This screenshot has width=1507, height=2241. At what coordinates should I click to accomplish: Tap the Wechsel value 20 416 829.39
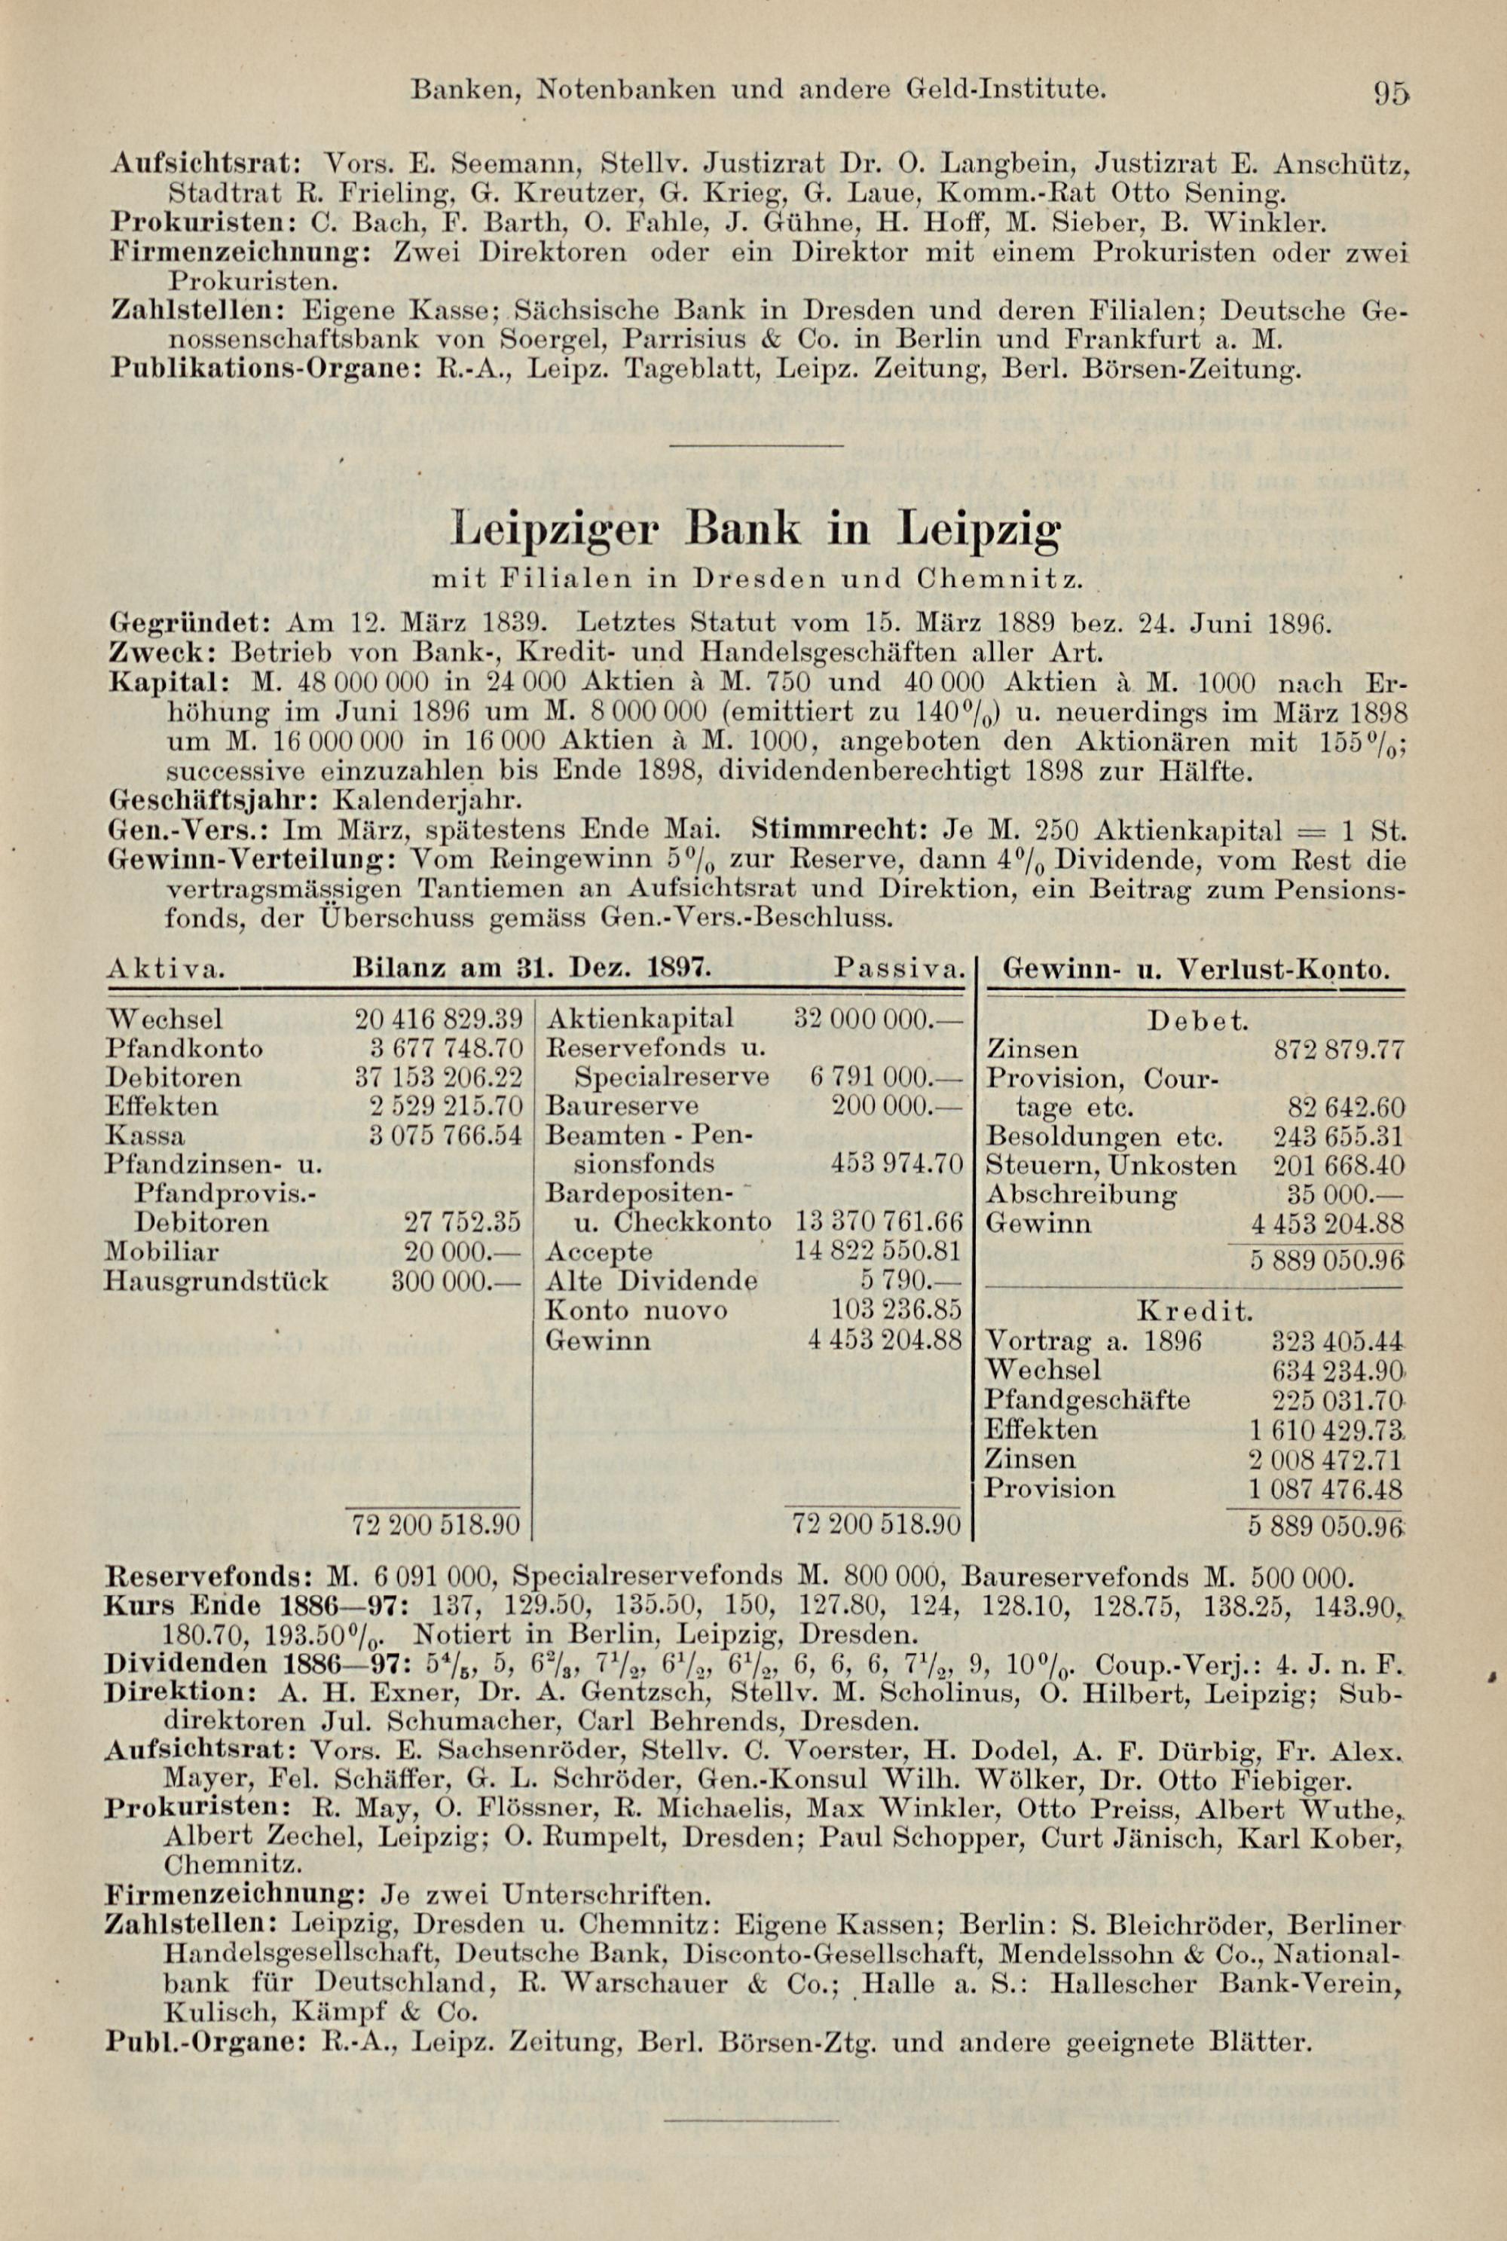pyautogui.click(x=437, y=1019)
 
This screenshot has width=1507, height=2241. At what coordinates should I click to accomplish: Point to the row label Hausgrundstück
pyautogui.click(x=216, y=1281)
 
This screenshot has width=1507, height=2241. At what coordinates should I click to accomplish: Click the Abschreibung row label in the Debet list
pyautogui.click(x=1081, y=1194)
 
